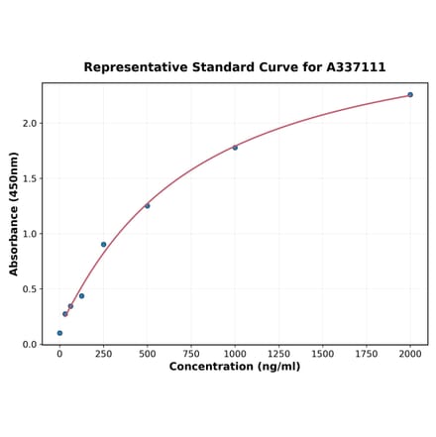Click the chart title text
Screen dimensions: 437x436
pyautogui.click(x=234, y=67)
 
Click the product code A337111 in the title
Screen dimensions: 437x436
pyautogui.click(x=357, y=67)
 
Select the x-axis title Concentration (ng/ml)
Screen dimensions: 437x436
pyautogui.click(x=234, y=367)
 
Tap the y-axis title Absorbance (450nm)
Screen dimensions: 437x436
pyautogui.click(x=14, y=214)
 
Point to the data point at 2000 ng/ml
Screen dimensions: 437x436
pyautogui.click(x=410, y=95)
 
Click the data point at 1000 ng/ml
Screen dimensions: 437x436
pyautogui.click(x=235, y=148)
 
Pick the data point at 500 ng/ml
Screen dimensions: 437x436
pyautogui.click(x=148, y=206)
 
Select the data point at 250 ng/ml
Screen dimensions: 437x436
pyautogui.click(x=103, y=245)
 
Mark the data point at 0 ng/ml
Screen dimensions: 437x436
pyautogui.click(x=59, y=333)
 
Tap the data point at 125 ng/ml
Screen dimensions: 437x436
pyautogui.click(x=81, y=296)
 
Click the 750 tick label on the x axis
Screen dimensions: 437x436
pyautogui.click(x=191, y=353)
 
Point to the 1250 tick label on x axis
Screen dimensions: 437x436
pyautogui.click(x=278, y=353)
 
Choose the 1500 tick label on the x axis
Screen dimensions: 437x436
pyautogui.click(x=322, y=353)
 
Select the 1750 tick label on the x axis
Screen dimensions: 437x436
pyautogui.click(x=367, y=353)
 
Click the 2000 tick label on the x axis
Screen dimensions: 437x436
pyautogui.click(x=410, y=353)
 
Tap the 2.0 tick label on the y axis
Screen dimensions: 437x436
pyautogui.click(x=29, y=124)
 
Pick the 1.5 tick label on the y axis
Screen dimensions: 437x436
pyautogui.click(x=29, y=179)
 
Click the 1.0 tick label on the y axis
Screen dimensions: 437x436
pyautogui.click(x=29, y=235)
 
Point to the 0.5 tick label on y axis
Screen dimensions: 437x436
pyautogui.click(x=29, y=289)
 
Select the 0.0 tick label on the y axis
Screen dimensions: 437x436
pyautogui.click(x=29, y=345)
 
